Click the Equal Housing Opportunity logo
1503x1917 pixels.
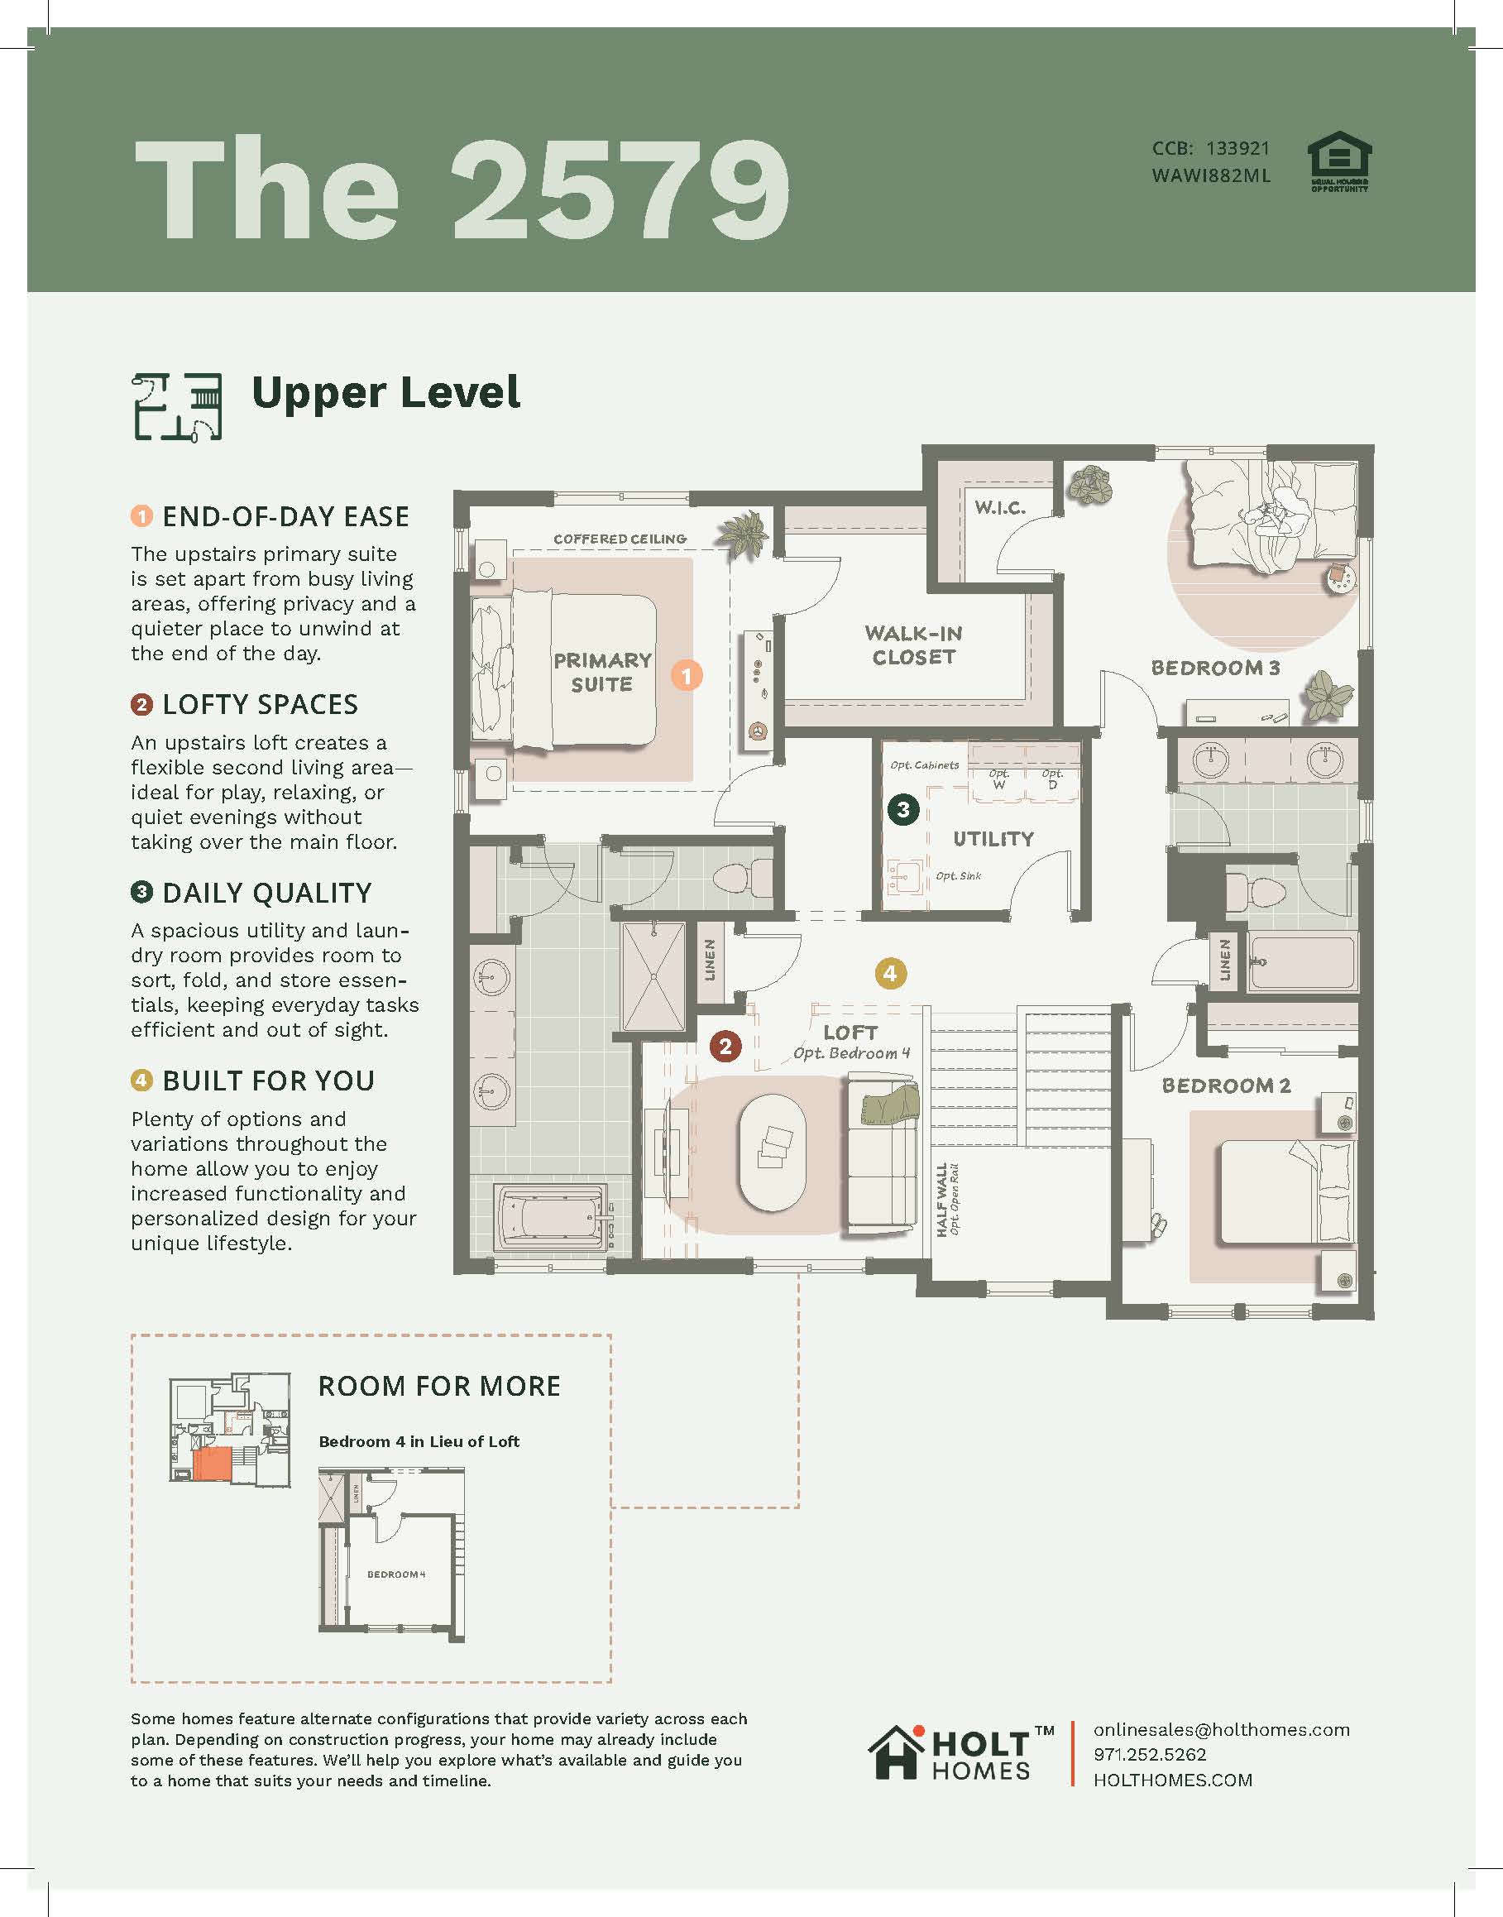[1339, 162]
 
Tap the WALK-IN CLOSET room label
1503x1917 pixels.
[913, 645]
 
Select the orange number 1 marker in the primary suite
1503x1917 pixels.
[687, 675]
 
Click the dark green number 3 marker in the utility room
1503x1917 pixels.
[902, 809]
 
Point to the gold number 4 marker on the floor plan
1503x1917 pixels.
[890, 974]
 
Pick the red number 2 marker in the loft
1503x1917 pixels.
[725, 1046]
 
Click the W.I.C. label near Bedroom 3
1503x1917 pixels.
[999, 507]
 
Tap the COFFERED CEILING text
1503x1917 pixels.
[620, 539]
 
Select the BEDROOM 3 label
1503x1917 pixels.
[1215, 667]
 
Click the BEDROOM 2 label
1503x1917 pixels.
[1226, 1086]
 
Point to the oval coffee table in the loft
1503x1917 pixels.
[773, 1153]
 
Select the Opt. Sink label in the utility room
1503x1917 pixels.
[958, 876]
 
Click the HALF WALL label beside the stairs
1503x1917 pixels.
[941, 1200]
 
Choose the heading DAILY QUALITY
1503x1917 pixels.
[266, 893]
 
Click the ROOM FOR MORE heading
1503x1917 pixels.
[439, 1387]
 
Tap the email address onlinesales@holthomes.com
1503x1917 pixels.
[1222, 1729]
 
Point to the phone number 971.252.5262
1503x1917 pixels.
[1150, 1754]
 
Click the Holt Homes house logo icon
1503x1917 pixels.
[897, 1752]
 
